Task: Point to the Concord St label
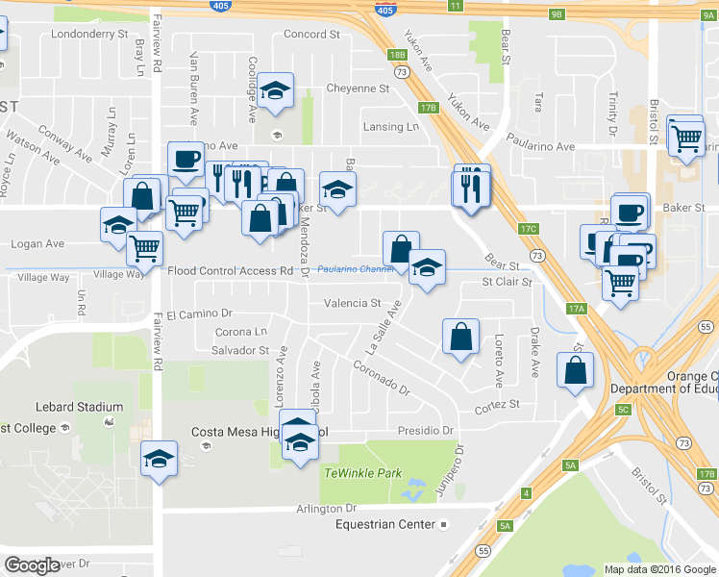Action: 311,34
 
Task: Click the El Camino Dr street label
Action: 199,314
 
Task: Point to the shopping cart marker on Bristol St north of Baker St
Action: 685,137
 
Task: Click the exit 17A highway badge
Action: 576,309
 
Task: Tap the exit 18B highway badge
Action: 398,56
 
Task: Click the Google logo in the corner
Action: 32,565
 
